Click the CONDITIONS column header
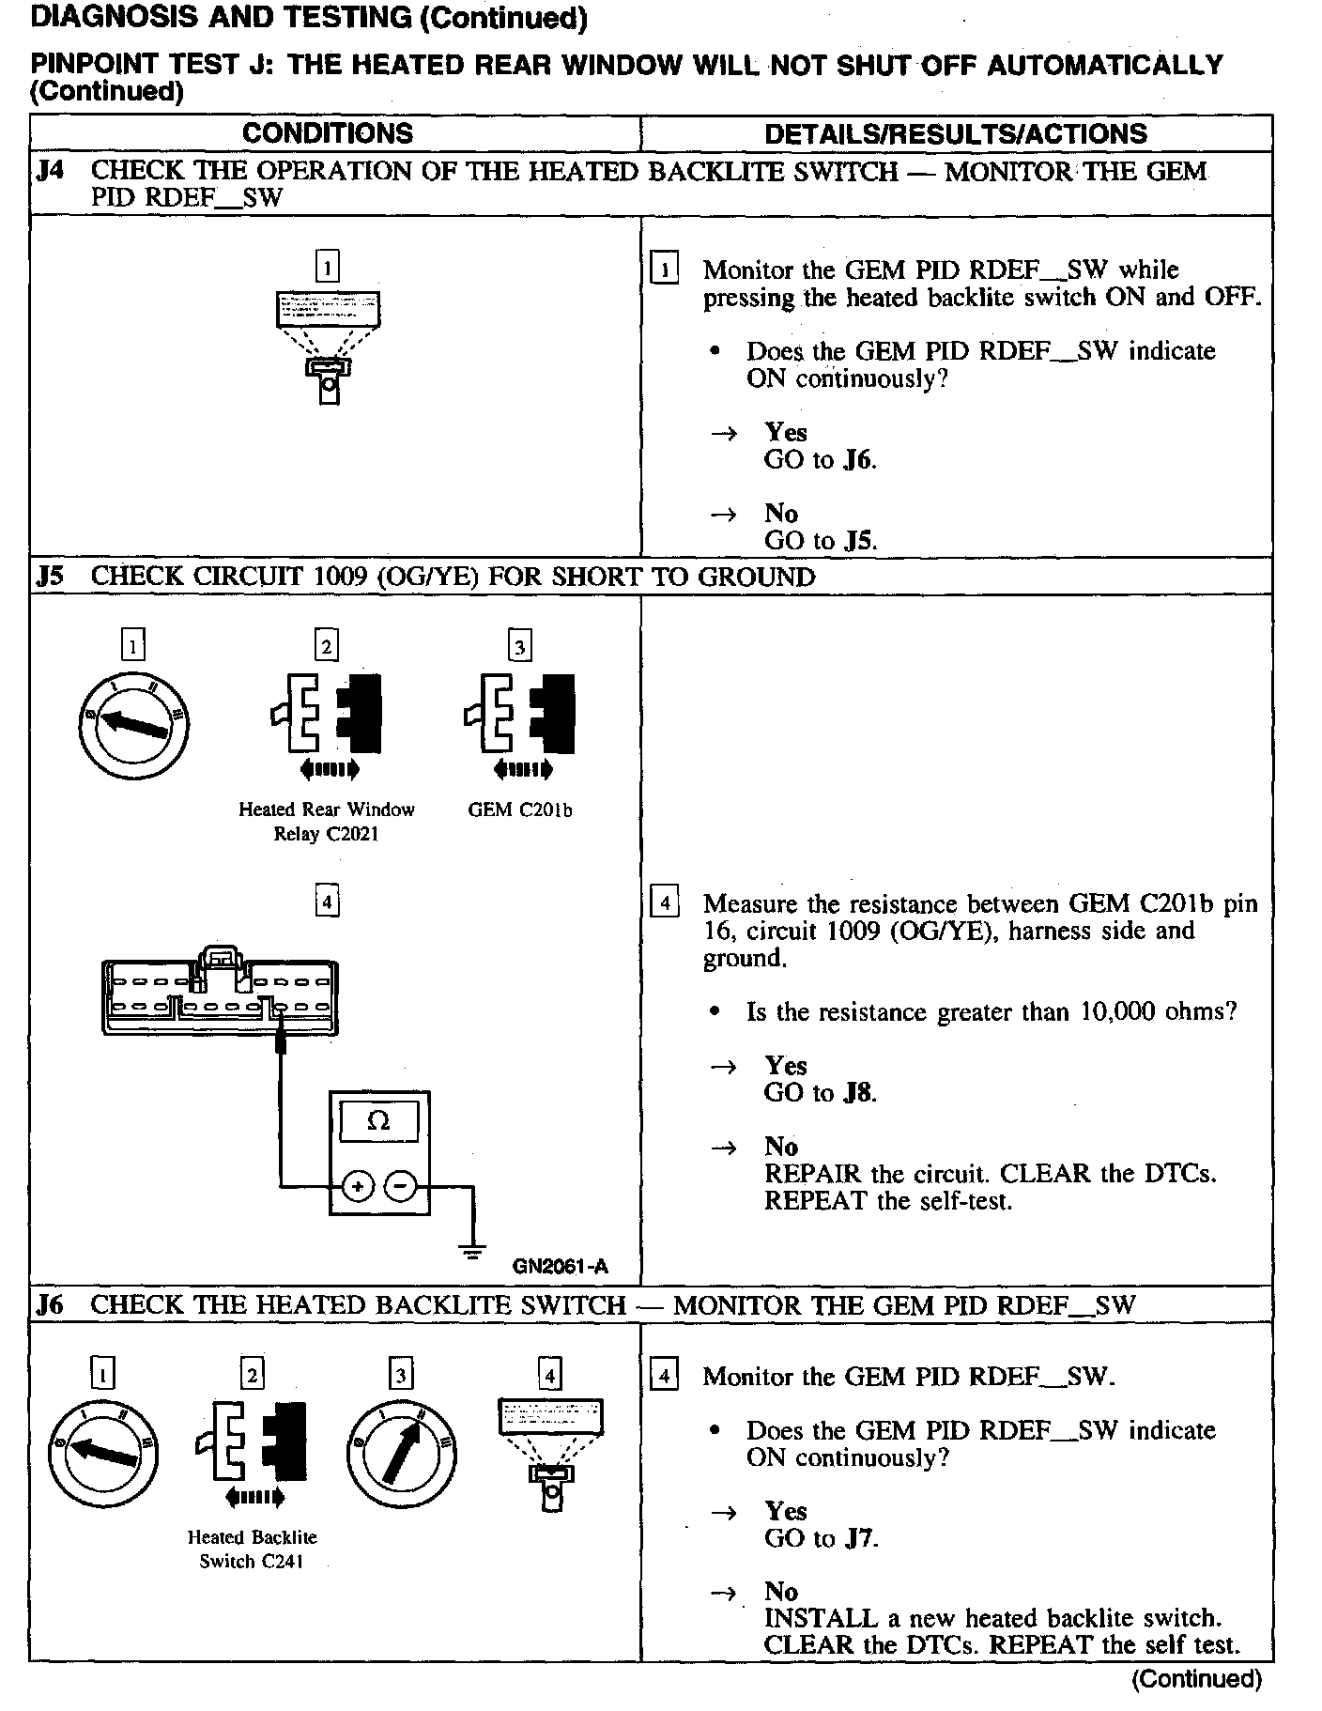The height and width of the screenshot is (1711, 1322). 327,133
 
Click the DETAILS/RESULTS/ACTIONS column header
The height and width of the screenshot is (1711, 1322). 955,133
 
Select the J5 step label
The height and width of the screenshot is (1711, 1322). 50,576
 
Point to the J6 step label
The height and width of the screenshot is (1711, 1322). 50,1304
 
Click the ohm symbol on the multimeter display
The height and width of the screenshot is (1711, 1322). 379,1121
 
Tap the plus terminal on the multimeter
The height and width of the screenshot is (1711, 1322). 357,1186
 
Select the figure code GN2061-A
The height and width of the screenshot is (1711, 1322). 561,1266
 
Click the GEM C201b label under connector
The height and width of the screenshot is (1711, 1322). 519,809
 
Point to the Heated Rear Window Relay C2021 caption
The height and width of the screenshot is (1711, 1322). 326,821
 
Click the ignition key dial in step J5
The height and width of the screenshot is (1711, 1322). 133,725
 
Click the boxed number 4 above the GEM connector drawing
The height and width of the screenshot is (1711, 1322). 326,902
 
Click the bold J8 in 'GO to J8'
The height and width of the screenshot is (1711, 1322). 858,1092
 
